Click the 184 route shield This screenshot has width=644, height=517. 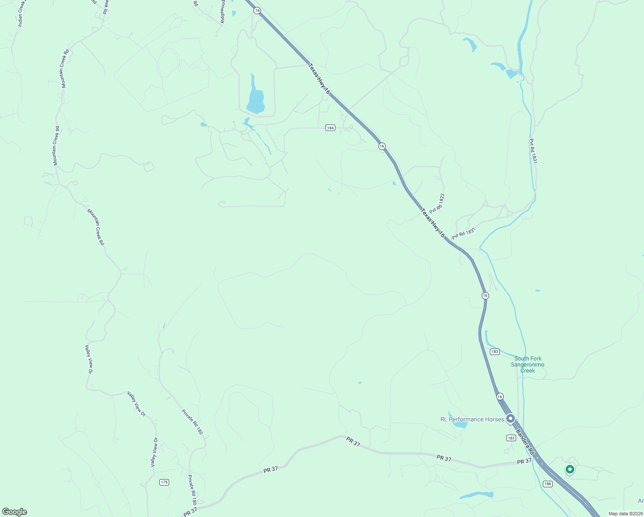point(330,128)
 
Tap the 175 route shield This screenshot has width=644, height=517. point(164,482)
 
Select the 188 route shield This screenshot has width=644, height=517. point(547,484)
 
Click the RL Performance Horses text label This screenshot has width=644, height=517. point(472,419)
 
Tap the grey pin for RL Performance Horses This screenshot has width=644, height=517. point(511,418)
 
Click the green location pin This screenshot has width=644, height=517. point(570,469)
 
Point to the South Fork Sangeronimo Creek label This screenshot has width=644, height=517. point(528,364)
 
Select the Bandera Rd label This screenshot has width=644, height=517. point(525,442)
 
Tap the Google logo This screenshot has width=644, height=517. point(15,512)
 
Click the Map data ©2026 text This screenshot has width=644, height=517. point(625,514)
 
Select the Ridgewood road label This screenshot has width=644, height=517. point(223,12)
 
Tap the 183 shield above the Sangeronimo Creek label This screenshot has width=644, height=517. point(495,352)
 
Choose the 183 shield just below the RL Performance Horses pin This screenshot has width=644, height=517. point(511,438)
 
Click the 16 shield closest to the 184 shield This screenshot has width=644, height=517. point(382,146)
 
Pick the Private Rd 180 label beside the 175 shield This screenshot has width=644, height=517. point(192,490)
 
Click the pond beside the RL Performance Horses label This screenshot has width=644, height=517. point(460,424)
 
